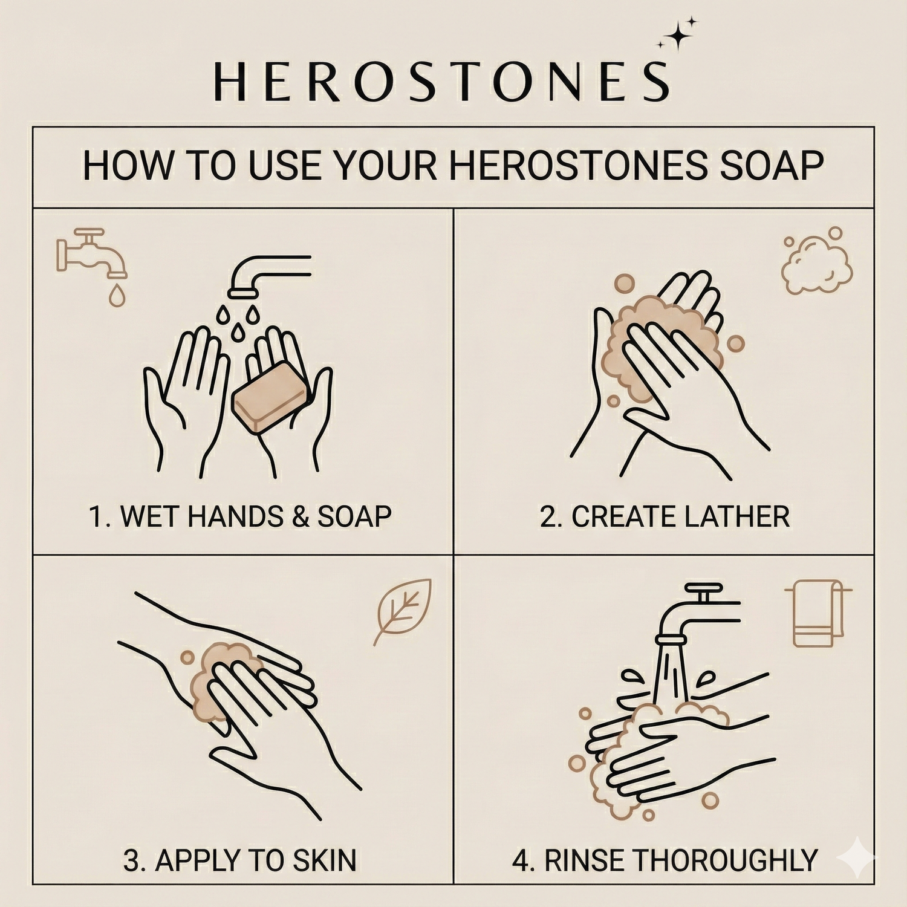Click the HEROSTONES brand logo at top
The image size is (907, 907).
(x=442, y=81)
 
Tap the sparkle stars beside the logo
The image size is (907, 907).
(x=678, y=35)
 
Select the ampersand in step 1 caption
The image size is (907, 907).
(x=301, y=517)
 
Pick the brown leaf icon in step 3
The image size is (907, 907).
(x=403, y=611)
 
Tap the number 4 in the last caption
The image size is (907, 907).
(x=520, y=860)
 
